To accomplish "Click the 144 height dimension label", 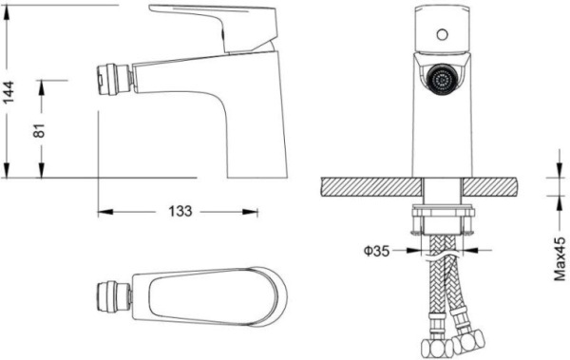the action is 9,92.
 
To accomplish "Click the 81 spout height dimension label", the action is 39,130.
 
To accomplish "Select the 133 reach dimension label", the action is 180,211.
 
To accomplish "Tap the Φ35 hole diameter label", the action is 376,251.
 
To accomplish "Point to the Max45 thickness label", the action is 560,258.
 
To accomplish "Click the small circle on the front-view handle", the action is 442,35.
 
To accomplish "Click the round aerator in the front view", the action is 442,81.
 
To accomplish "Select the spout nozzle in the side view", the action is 115,80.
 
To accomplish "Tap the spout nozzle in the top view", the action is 114,297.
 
